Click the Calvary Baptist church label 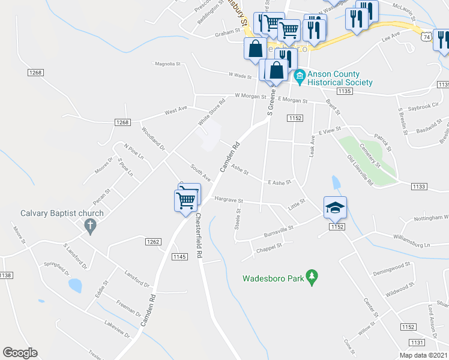62,213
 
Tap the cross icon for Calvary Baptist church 90,226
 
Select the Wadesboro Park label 273,278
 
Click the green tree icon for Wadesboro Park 312,277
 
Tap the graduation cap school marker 336,208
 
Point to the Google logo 20,353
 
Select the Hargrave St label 228,200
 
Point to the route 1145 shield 179,257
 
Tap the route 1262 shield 152,241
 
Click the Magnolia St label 167,63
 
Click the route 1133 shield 420,187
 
